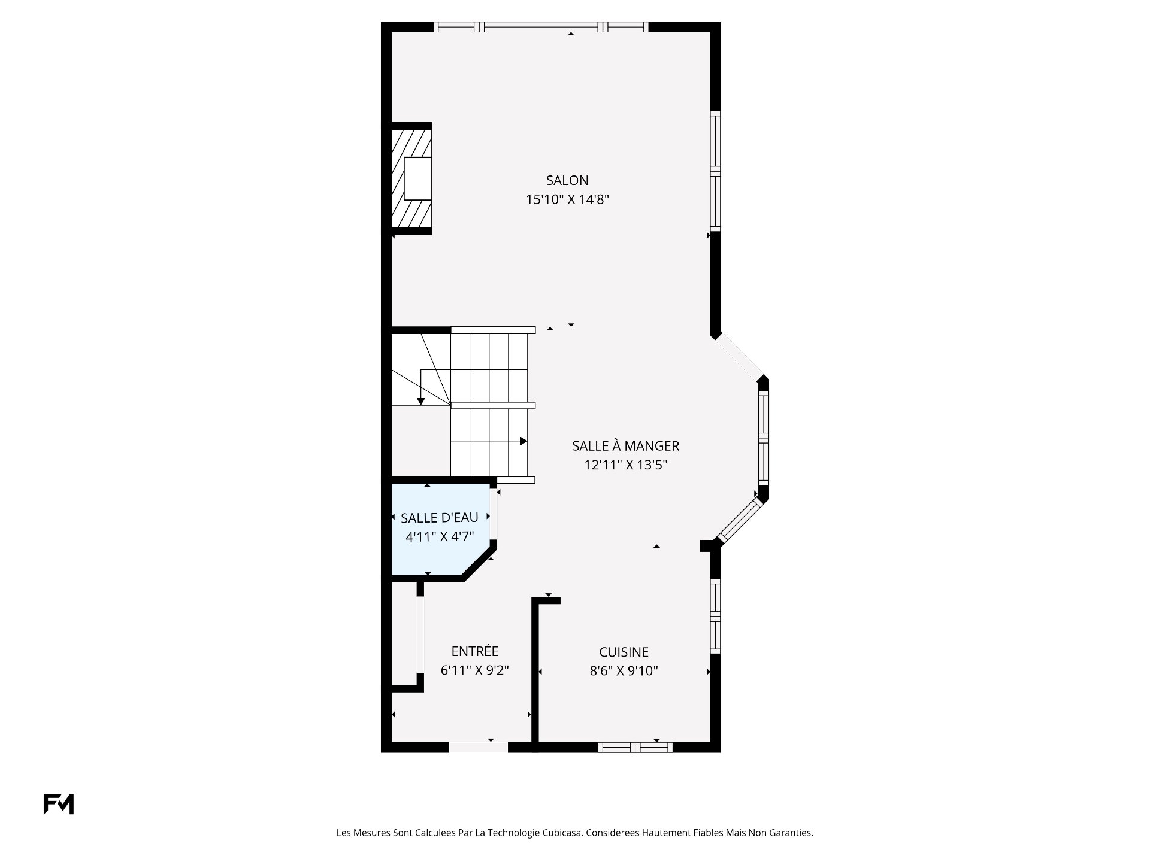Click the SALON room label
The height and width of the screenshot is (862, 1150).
pyautogui.click(x=567, y=180)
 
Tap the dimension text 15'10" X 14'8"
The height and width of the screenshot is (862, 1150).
pyautogui.click(x=567, y=199)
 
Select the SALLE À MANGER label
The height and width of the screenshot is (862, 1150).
pyautogui.click(x=625, y=446)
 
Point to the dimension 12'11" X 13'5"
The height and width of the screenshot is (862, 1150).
pyautogui.click(x=625, y=465)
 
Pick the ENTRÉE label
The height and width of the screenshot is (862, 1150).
pyautogui.click(x=474, y=651)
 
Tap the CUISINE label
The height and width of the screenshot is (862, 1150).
pyautogui.click(x=624, y=652)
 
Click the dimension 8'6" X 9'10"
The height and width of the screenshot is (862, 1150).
pyautogui.click(x=624, y=671)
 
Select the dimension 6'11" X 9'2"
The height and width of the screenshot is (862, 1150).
pyautogui.click(x=474, y=670)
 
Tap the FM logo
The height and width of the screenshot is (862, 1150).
pyautogui.click(x=58, y=804)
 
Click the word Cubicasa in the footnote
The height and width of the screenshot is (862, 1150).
pyautogui.click(x=562, y=833)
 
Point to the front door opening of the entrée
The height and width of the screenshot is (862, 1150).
pyautogui.click(x=478, y=746)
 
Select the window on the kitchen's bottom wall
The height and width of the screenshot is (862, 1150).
pyautogui.click(x=635, y=746)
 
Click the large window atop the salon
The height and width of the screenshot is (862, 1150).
pyautogui.click(x=540, y=27)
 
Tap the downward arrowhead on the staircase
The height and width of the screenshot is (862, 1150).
pyautogui.click(x=421, y=401)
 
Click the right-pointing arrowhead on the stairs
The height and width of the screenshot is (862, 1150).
pyautogui.click(x=523, y=441)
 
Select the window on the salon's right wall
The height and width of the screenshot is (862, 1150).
pyautogui.click(x=715, y=171)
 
